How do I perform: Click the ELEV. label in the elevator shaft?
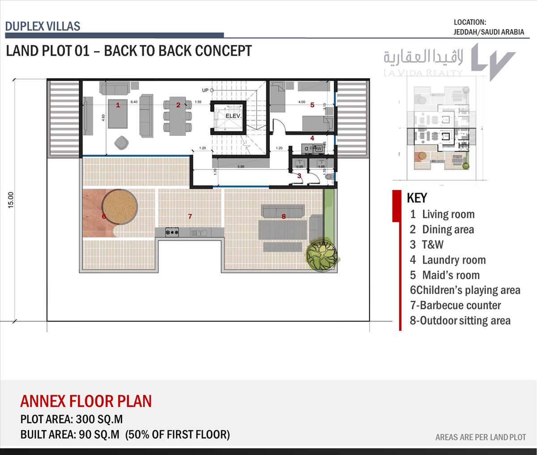coord(233,116)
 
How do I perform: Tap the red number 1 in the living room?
coord(118,105)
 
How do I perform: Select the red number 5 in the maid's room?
coord(312,105)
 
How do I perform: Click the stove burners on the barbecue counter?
coord(172,232)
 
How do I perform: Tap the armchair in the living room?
coord(121,143)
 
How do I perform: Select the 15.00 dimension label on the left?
coord(11,200)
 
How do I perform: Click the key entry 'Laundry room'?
coord(453,260)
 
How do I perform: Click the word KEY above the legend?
coord(417,198)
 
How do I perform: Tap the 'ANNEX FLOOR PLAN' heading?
coord(86,401)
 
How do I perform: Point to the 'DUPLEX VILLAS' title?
coord(43,26)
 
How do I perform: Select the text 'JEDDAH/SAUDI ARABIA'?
coord(489,32)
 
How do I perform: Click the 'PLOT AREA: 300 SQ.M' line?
coord(72,420)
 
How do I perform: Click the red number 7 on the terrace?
coord(190,217)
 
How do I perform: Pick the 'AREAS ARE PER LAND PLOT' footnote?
coord(481,437)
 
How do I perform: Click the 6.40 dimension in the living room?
coord(134,102)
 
